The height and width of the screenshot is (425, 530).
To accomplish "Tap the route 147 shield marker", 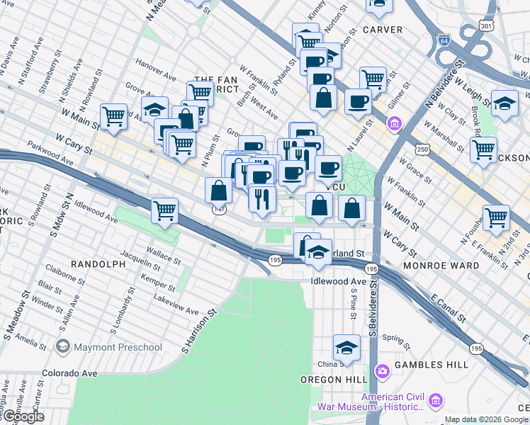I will pyautogui.click(x=220, y=209).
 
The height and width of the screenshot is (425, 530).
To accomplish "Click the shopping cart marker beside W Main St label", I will pyautogui.click(x=113, y=116).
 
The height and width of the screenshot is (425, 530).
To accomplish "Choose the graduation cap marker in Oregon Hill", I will pyautogui.click(x=346, y=347).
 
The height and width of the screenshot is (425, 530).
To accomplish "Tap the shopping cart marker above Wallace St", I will pyautogui.click(x=164, y=210).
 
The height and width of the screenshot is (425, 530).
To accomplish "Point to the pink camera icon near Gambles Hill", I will pyautogui.click(x=383, y=370).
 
